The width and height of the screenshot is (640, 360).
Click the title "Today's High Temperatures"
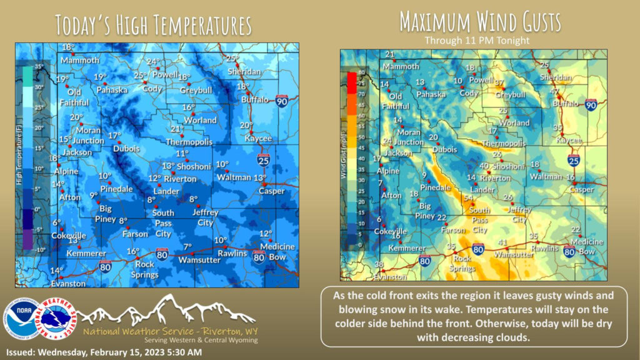click(x=154, y=25)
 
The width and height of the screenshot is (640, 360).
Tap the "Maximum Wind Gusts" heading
click(x=480, y=22)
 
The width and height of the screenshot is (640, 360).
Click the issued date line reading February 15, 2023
click(x=104, y=352)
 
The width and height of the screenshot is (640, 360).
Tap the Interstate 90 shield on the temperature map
click(x=283, y=101)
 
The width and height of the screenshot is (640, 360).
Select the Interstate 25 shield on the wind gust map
click(x=574, y=161)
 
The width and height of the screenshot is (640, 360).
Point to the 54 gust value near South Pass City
click(x=468, y=197)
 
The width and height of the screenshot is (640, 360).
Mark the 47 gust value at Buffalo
click(x=554, y=92)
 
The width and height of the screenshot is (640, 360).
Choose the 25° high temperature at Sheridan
click(x=232, y=59)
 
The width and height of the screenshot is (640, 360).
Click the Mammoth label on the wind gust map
click(x=401, y=66)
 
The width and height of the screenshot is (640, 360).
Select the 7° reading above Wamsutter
click(x=187, y=246)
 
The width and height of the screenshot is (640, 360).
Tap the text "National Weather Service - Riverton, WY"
click(x=169, y=331)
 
